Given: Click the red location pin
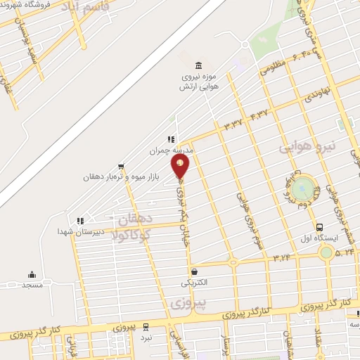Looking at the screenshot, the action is (x=180, y=166).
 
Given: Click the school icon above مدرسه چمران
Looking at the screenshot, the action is (x=170, y=140).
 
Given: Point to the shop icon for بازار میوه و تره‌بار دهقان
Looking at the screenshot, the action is (x=122, y=167).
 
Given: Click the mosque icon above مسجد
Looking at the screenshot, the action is (x=32, y=274).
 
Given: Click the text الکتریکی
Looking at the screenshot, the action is (x=194, y=283).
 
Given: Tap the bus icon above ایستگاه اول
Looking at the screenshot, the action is (x=320, y=227).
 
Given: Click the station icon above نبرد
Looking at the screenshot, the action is (x=146, y=327).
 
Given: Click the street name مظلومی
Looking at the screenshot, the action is (x=274, y=69).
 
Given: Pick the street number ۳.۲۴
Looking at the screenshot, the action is (x=283, y=258).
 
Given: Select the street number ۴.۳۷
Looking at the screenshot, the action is (x=259, y=113).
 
